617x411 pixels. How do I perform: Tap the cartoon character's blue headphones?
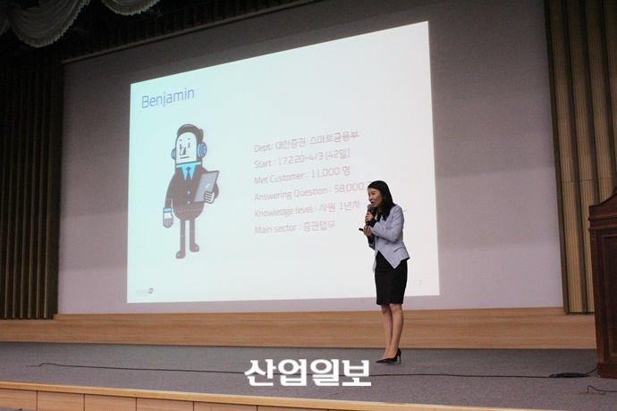click(x=201, y=149)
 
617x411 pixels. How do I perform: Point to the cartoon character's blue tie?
click(x=188, y=172)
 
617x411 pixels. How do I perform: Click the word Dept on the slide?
click(x=262, y=148)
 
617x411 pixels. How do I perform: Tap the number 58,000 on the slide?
click(x=350, y=189)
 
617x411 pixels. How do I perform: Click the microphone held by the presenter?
click(x=368, y=214)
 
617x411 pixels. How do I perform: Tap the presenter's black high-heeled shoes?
click(x=390, y=357)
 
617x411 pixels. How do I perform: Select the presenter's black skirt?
click(x=391, y=281)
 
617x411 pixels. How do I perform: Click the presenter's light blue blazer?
click(x=390, y=235)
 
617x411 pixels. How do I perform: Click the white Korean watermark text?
click(x=308, y=372)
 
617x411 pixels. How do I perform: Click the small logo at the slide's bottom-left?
click(x=143, y=291)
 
